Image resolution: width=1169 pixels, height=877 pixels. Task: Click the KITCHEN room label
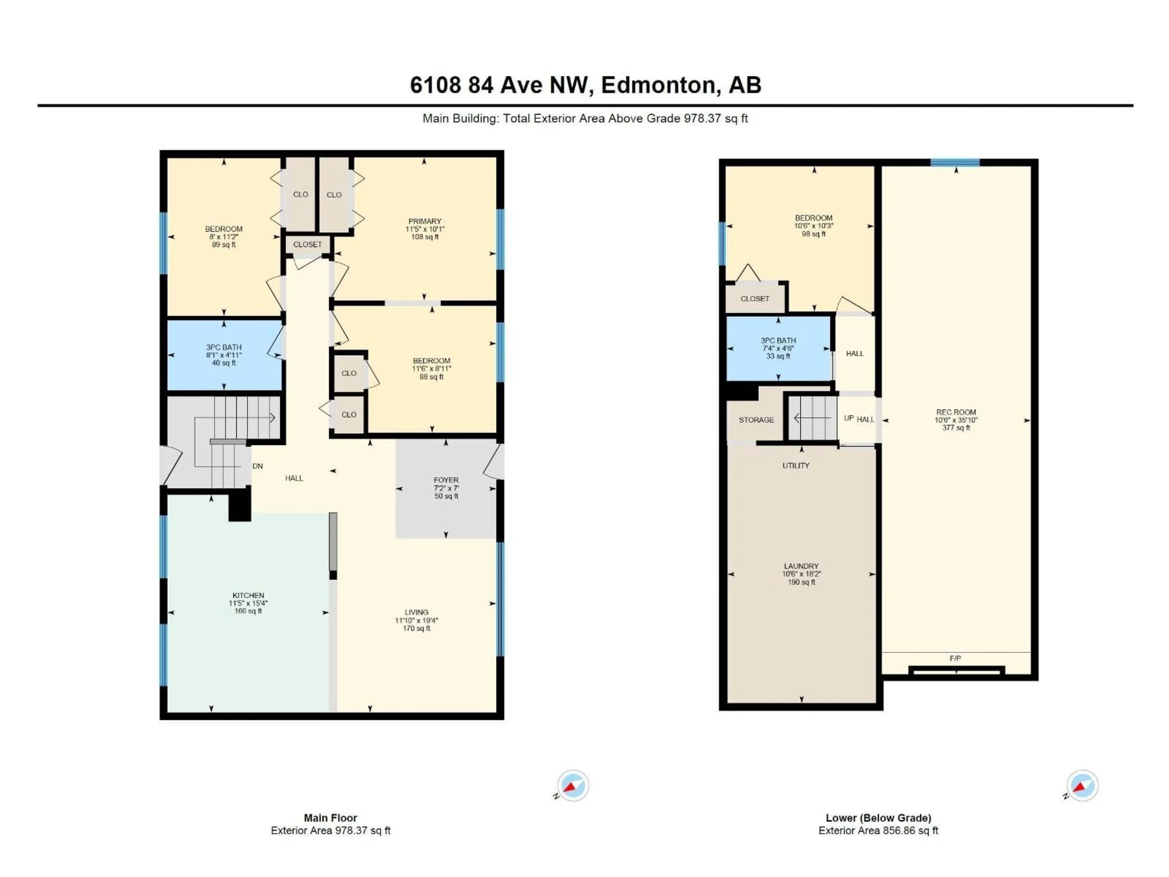coord(248,595)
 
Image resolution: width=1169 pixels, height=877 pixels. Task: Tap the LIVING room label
coord(416,612)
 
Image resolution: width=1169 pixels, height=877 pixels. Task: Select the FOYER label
coord(446,480)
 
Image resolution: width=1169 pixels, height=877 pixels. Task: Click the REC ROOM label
coord(956,412)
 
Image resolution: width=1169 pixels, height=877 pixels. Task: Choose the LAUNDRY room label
coord(801,566)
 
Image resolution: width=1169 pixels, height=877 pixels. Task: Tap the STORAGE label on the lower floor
coord(756,420)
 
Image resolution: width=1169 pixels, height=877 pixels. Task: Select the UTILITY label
coord(796,465)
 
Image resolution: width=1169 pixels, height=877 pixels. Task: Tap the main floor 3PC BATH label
coord(224,347)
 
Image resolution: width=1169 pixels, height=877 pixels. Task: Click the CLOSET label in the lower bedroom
coord(755,299)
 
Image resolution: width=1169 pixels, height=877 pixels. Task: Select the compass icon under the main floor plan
coord(573,786)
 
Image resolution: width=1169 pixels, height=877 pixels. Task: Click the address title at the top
coord(585,85)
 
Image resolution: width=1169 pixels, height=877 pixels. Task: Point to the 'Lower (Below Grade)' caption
coord(878,818)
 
